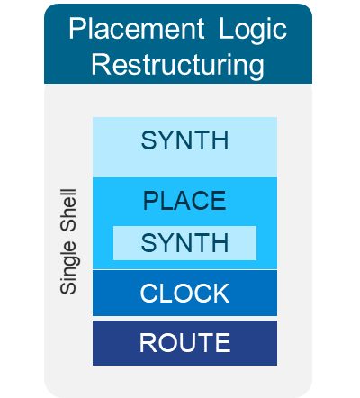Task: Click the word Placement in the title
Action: (137, 29)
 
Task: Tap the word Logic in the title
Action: (253, 31)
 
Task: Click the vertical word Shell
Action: (68, 210)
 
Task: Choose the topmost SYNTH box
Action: (184, 147)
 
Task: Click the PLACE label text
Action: (184, 201)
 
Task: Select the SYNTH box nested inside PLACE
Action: (184, 243)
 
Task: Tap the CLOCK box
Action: (184, 293)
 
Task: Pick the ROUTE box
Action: (184, 343)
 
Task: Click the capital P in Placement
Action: (77, 29)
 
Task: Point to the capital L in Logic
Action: (226, 29)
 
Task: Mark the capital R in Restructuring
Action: (101, 64)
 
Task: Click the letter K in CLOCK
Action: (220, 293)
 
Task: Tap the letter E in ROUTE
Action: (223, 342)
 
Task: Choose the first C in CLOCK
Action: (149, 293)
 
